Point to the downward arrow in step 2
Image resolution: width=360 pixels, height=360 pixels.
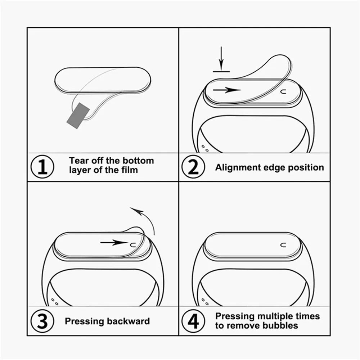pos(221,58)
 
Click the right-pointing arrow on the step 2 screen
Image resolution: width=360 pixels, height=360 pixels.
pos(227,90)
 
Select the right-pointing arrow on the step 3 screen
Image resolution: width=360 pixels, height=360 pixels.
pos(114,243)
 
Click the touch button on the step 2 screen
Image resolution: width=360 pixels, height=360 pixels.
pos(283,91)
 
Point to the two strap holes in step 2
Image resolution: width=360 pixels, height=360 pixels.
pos(205,148)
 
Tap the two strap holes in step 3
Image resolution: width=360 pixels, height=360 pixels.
pos(54,301)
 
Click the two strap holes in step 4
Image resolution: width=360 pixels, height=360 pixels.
pos(205,301)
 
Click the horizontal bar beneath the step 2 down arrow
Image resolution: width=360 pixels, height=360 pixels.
pos(221,71)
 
